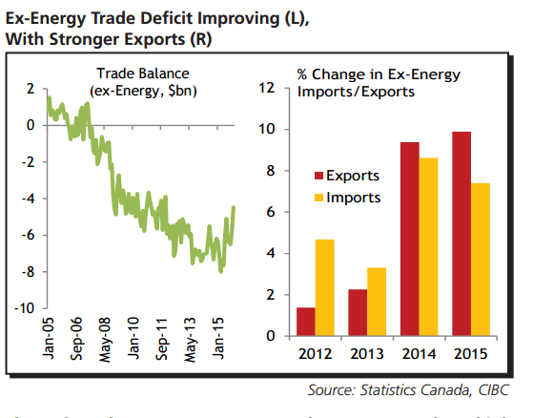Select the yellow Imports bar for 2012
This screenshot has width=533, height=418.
(x=324, y=287)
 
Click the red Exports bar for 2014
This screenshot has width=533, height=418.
(x=410, y=239)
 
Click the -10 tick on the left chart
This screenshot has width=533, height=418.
(x=22, y=308)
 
